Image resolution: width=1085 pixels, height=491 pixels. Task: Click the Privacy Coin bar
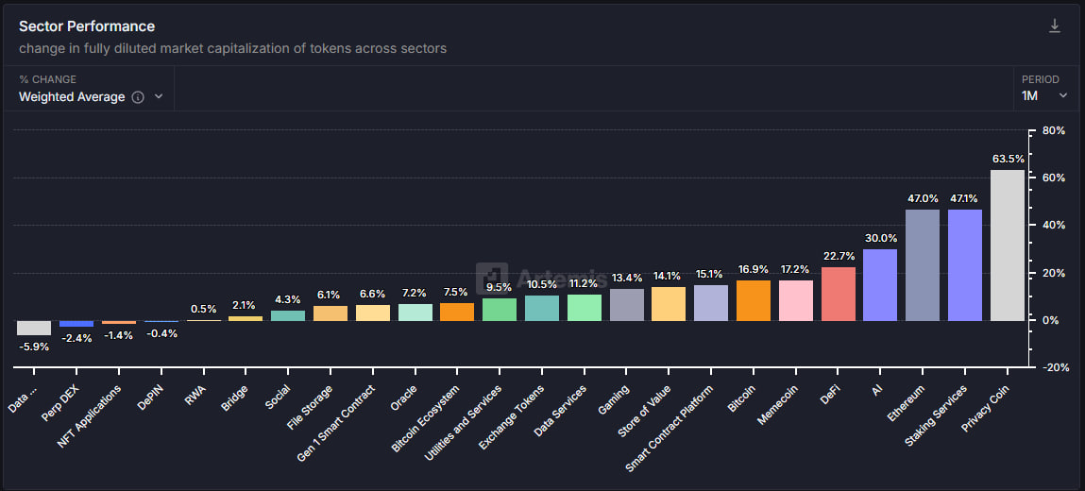[1007, 245]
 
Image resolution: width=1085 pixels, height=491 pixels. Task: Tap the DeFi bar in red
[838, 294]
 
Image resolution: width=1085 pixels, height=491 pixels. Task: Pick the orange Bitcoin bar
[753, 300]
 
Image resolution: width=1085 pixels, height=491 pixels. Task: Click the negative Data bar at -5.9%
[34, 328]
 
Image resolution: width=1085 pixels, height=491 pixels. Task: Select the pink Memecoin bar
[795, 300]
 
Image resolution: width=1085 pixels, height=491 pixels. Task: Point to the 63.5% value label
[1008, 159]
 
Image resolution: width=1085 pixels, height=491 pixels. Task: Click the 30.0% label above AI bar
[880, 238]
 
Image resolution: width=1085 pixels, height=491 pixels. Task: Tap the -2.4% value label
[76, 338]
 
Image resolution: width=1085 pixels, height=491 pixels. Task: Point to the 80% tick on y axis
[1054, 130]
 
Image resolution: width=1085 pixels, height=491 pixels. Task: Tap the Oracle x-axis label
[403, 398]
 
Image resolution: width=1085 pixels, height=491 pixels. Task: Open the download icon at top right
[1055, 26]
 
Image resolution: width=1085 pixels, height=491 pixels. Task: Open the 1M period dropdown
[1044, 95]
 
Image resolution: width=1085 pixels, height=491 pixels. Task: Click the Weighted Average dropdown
[91, 96]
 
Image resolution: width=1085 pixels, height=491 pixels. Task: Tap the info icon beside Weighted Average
[138, 97]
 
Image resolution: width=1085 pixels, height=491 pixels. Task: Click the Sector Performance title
[87, 26]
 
